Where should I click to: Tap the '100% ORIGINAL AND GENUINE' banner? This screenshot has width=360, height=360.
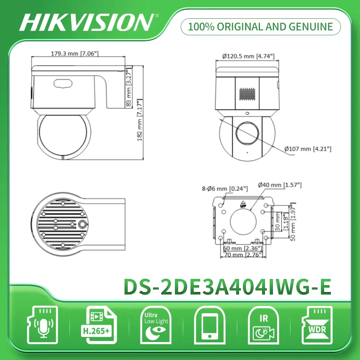tap(261, 27)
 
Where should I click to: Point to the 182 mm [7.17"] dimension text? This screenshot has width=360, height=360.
tap(140, 120)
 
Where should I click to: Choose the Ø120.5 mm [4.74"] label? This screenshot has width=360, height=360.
tap(248, 56)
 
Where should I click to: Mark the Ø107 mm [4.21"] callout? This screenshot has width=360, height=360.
tap(308, 148)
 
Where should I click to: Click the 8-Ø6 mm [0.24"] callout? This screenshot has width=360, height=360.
tap(225, 188)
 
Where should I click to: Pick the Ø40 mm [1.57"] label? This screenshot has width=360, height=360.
tap(280, 185)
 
